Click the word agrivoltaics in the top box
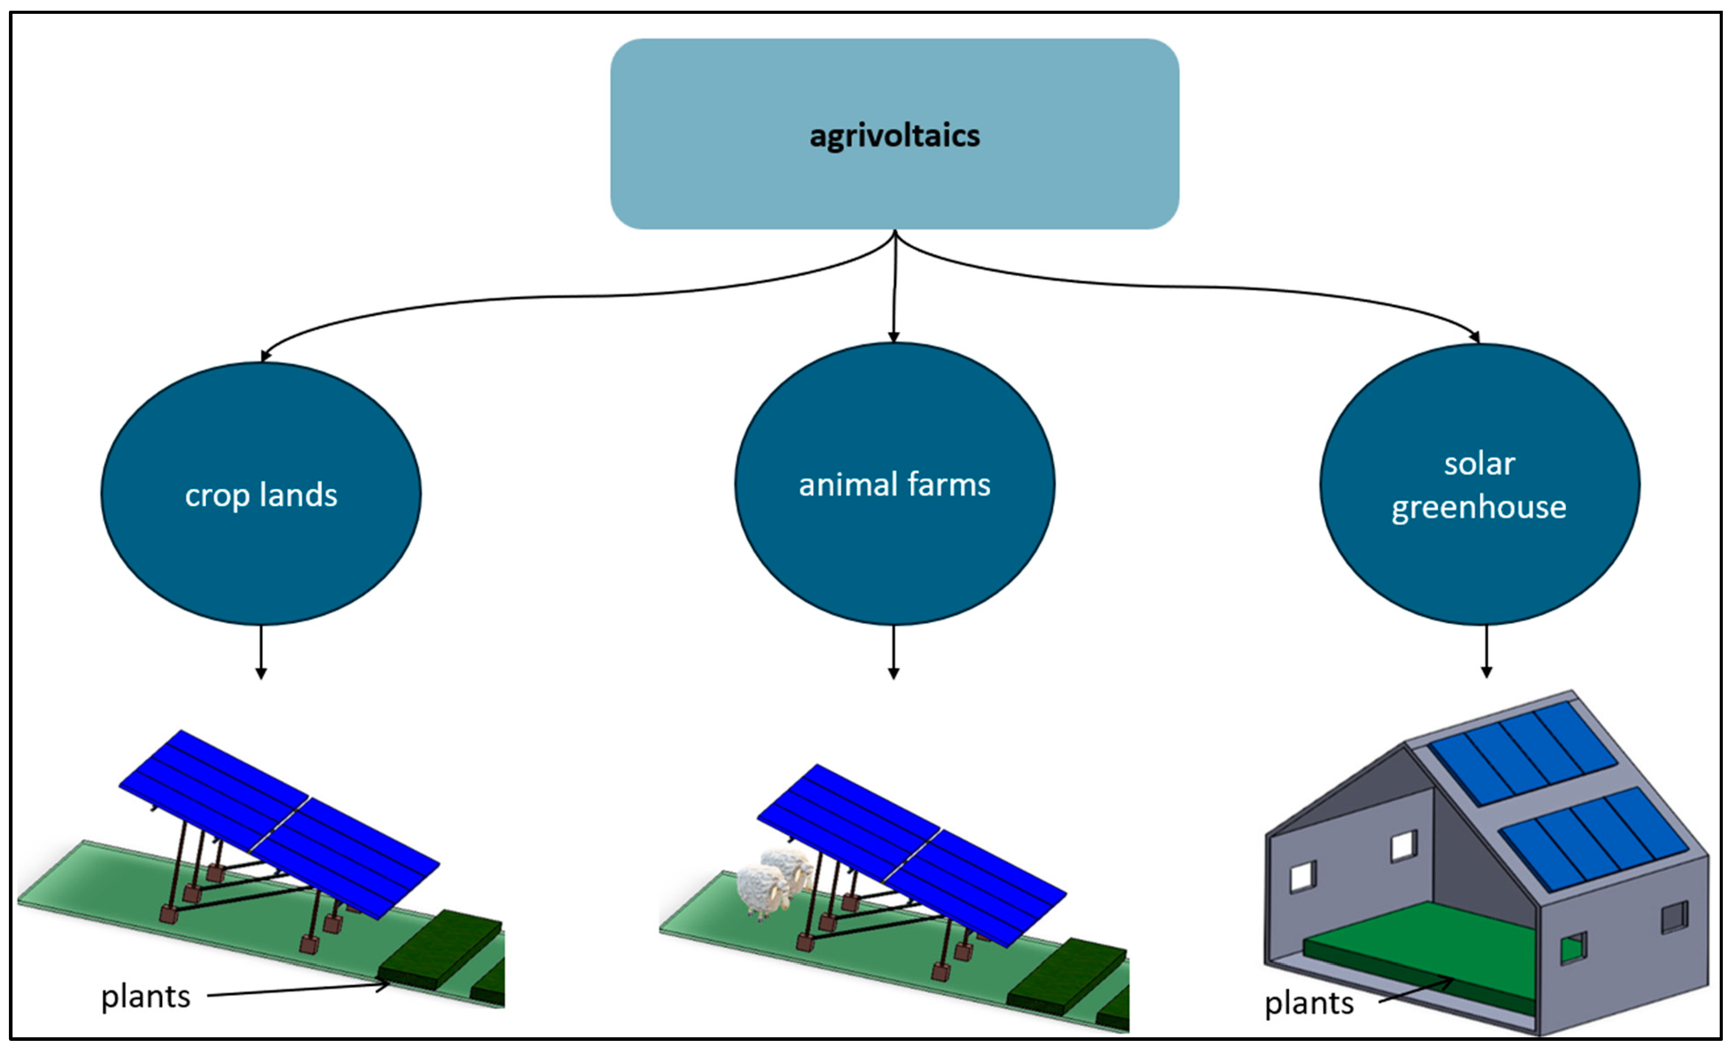click(894, 136)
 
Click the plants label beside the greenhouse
click(1309, 1003)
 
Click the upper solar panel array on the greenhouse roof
click(1524, 753)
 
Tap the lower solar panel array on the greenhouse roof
click(1594, 837)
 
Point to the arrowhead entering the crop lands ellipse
click(265, 356)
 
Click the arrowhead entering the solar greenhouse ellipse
click(1475, 337)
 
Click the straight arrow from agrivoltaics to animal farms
click(894, 288)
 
